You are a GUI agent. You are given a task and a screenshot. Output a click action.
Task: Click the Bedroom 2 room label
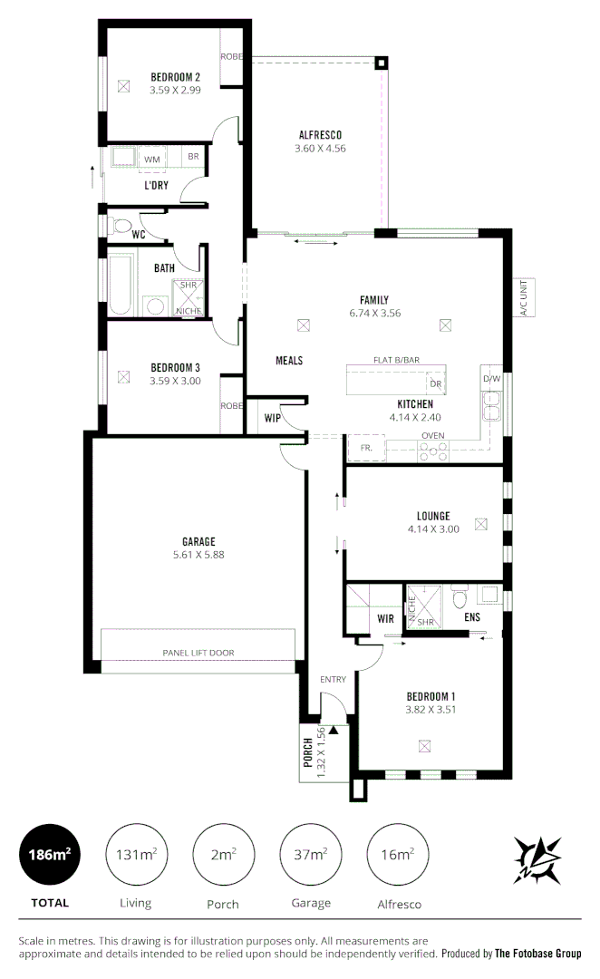pyautogui.click(x=175, y=77)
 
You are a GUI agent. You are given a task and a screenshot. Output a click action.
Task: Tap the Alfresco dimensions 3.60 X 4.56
pyautogui.click(x=320, y=148)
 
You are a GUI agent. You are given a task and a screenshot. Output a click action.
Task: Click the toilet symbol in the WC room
pyautogui.click(x=117, y=225)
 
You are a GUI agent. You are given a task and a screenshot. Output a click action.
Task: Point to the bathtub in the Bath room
pyautogui.click(x=121, y=284)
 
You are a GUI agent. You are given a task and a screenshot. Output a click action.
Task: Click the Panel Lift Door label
pyautogui.click(x=198, y=653)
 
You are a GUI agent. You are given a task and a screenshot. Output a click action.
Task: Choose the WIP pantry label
pyautogui.click(x=272, y=418)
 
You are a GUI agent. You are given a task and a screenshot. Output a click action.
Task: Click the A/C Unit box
pyautogui.click(x=522, y=296)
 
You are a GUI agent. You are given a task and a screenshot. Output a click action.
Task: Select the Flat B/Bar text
pyautogui.click(x=397, y=360)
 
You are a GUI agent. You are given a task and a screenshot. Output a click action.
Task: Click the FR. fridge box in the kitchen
pyautogui.click(x=366, y=447)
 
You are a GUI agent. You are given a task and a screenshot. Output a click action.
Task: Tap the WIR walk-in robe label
pyautogui.click(x=384, y=618)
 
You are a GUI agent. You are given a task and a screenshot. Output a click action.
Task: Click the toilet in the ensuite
pyautogui.click(x=459, y=596)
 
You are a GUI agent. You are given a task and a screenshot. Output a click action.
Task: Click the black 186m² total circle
pyautogui.click(x=49, y=854)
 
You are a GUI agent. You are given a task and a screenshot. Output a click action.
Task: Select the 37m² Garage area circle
pyautogui.click(x=311, y=854)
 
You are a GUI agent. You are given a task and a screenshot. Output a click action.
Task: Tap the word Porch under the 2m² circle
pyautogui.click(x=223, y=904)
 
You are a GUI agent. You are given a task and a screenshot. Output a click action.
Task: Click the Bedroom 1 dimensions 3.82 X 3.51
pyautogui.click(x=431, y=710)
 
